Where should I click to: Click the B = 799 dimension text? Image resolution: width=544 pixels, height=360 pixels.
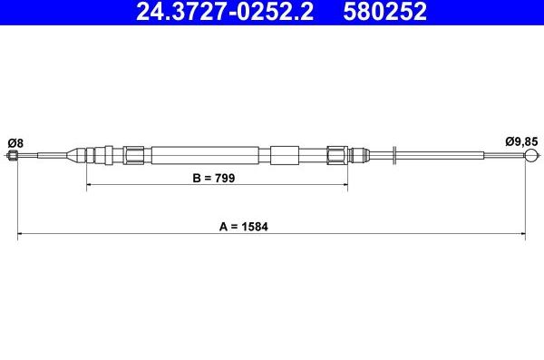point(214,179)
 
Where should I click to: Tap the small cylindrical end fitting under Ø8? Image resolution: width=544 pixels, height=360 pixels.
point(13,156)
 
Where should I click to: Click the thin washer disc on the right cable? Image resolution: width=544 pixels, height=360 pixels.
point(394,156)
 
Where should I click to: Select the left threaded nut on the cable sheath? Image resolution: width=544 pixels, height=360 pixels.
point(134,155)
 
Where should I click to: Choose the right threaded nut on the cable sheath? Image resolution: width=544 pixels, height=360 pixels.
point(337,155)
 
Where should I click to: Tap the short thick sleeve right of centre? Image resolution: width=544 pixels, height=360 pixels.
point(284,155)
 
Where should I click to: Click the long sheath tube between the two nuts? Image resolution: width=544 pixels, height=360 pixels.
point(209,155)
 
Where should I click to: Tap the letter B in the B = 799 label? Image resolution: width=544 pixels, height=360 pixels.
point(195,179)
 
